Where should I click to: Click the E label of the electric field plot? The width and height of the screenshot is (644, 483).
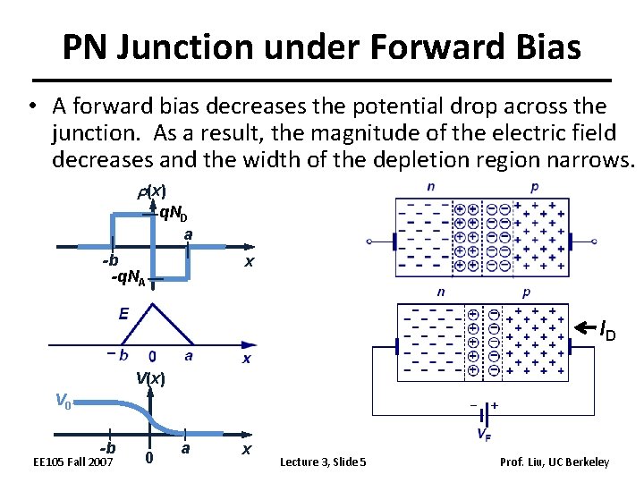click(x=123, y=313)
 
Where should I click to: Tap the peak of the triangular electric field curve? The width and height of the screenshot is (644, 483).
click(x=153, y=306)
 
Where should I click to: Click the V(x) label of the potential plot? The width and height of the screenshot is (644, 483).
click(x=150, y=377)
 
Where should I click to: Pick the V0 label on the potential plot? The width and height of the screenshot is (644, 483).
click(x=62, y=402)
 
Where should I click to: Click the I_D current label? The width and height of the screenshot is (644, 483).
click(x=607, y=333)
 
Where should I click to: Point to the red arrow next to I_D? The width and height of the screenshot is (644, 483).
click(x=582, y=328)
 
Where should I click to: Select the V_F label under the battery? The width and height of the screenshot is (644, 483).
click(x=483, y=436)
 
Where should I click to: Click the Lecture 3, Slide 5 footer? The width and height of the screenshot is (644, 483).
click(x=323, y=462)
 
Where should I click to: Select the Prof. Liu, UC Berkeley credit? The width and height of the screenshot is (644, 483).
click(x=555, y=462)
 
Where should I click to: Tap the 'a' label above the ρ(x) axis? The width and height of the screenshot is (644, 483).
click(x=189, y=234)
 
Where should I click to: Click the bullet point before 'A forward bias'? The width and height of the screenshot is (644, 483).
click(x=31, y=107)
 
